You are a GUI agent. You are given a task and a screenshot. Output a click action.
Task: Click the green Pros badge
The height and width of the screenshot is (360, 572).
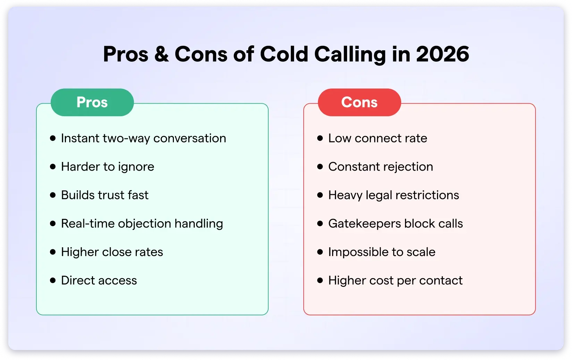[x=92, y=102]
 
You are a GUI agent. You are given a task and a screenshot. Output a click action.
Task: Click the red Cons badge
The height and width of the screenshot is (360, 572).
[x=359, y=102]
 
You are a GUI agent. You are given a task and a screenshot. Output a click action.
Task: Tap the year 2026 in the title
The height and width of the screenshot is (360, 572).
[x=443, y=54]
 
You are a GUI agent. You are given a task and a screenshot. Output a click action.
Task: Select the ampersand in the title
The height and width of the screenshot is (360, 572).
[x=161, y=54]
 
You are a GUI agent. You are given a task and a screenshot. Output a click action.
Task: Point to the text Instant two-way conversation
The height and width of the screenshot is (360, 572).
[x=143, y=138]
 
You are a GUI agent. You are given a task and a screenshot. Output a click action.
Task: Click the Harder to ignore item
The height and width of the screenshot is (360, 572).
[x=108, y=167]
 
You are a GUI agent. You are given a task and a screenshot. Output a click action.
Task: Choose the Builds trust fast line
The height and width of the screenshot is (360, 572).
[x=104, y=195]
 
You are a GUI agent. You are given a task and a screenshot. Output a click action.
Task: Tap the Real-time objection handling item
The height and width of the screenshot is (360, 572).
[x=142, y=224]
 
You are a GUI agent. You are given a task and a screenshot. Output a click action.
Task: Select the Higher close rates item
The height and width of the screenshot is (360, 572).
[x=112, y=252]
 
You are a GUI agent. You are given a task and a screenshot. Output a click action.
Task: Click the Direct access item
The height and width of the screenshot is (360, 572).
[x=99, y=281]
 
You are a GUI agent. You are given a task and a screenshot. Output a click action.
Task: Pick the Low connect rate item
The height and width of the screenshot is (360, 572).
[x=378, y=138]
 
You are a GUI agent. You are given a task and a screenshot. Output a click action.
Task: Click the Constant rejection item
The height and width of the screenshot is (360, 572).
[x=380, y=167]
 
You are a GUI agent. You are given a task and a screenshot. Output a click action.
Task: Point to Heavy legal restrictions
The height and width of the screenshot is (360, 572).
[x=394, y=195]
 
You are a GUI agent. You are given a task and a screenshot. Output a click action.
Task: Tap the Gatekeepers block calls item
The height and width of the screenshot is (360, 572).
[x=395, y=224]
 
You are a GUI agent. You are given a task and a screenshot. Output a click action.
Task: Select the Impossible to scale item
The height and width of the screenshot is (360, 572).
[x=382, y=252]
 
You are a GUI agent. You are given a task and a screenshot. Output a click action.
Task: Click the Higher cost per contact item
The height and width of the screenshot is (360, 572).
[x=395, y=281]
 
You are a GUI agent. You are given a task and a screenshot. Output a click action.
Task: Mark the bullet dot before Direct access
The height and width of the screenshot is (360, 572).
[x=53, y=280]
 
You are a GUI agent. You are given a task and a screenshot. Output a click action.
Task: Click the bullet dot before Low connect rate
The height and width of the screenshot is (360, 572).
[x=320, y=138]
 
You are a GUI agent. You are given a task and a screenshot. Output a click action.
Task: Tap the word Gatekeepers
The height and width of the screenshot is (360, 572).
[x=364, y=224]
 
